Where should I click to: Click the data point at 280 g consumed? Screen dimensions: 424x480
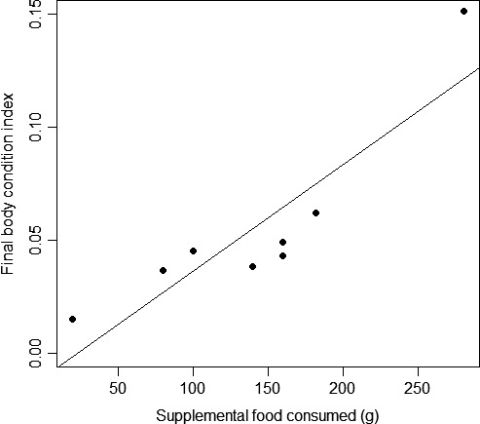click(463, 12)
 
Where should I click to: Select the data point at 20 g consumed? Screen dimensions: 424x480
click(73, 319)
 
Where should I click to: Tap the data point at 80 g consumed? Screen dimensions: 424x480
click(163, 270)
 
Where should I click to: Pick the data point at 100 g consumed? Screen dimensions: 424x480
click(193, 251)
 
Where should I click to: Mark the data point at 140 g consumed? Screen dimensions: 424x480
click(252, 266)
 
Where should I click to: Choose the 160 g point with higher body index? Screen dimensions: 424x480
click(282, 242)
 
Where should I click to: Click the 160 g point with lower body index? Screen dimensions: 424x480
click(282, 255)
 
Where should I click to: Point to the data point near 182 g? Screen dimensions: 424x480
click(315, 212)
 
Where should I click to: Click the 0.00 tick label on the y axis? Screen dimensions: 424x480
click(36, 353)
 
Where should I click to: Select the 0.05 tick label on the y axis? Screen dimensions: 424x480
click(36, 240)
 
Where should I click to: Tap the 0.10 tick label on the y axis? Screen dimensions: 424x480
click(36, 127)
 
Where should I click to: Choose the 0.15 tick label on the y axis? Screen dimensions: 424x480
click(36, 15)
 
